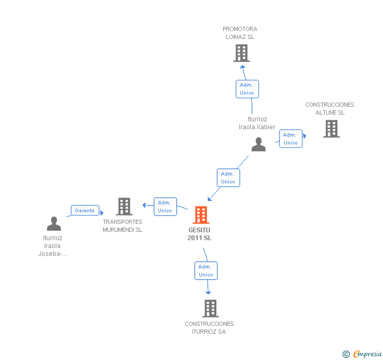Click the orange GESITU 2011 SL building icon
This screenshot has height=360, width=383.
point(201,214)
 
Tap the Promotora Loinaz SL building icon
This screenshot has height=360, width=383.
point(241,53)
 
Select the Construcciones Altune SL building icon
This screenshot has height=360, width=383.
point(331,129)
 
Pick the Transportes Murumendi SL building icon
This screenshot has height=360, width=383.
point(124,207)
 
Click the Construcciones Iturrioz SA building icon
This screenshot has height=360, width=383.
point(210,308)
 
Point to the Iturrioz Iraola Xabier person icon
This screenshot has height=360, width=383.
point(258,145)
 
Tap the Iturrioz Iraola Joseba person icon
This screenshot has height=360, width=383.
point(54,224)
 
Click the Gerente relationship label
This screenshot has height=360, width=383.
point(85,211)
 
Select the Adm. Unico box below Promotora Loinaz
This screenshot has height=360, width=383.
point(247,89)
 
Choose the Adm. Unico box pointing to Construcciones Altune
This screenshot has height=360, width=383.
point(290,139)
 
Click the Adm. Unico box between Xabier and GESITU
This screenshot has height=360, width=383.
point(228,178)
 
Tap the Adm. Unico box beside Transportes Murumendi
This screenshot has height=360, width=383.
point(165,207)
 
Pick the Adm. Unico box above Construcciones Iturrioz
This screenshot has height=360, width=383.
point(206,271)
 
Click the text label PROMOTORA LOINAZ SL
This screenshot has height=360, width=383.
point(240,33)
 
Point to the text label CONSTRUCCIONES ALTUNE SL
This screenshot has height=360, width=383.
point(330,109)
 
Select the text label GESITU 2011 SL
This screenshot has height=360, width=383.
point(199,234)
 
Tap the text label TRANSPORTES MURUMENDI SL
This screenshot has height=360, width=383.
point(123,226)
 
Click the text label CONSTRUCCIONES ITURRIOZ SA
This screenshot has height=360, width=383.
point(209,327)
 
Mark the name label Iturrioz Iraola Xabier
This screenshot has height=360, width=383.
point(257,123)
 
